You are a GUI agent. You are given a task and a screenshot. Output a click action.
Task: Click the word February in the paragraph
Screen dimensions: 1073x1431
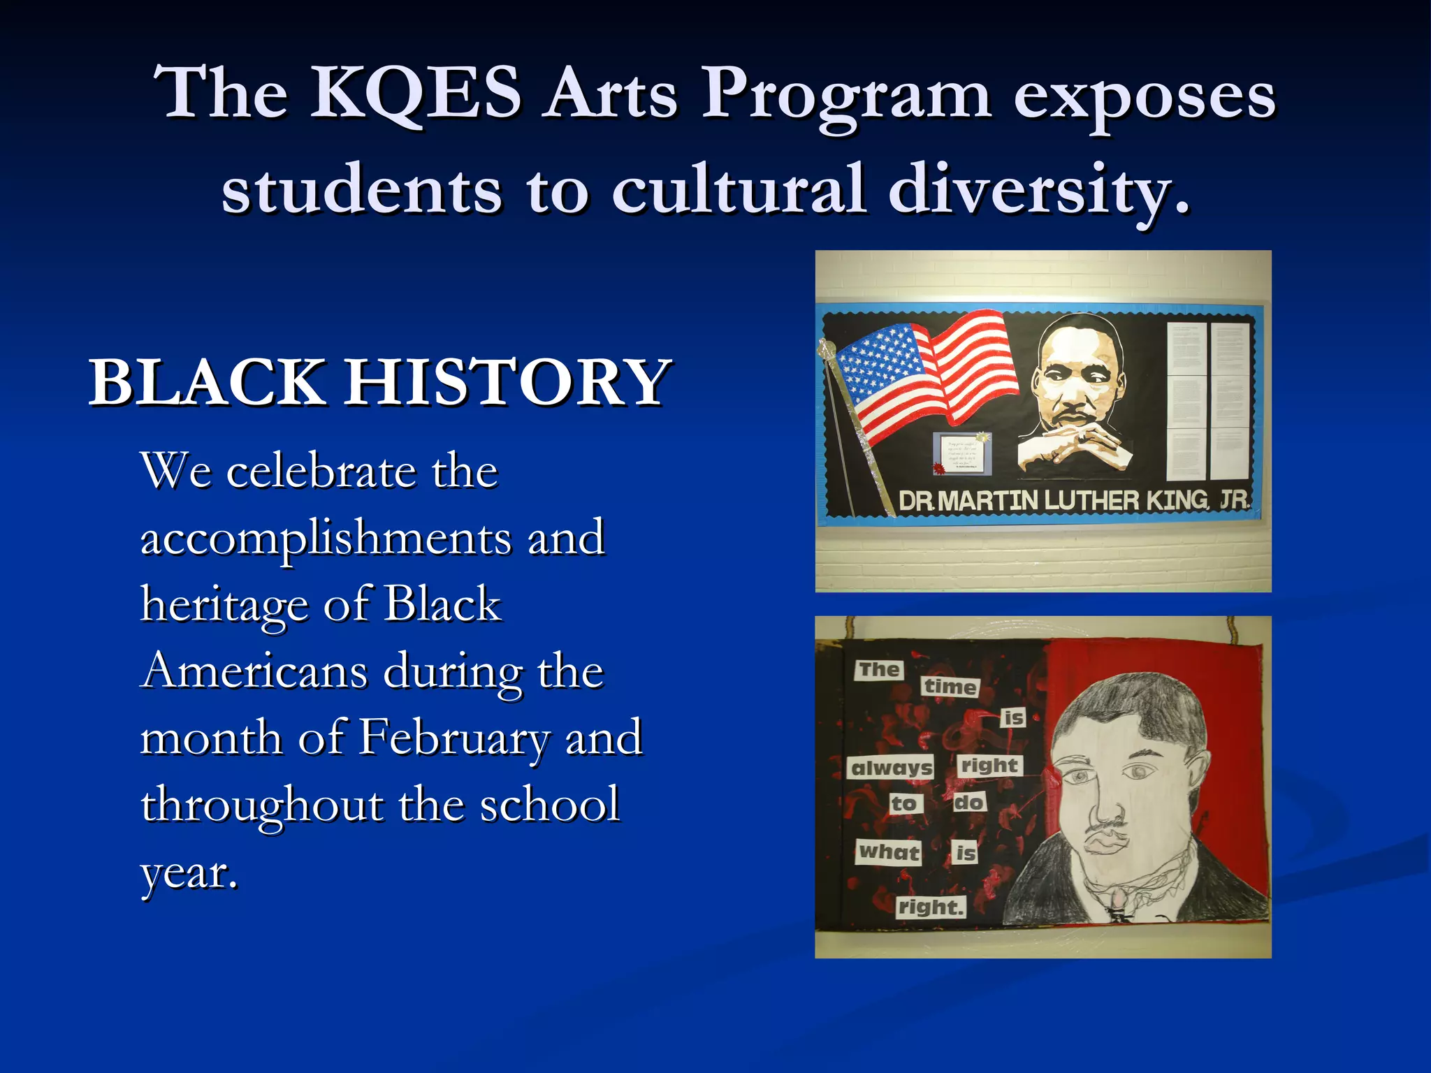point(453,738)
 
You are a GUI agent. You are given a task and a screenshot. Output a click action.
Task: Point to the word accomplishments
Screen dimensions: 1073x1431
point(326,539)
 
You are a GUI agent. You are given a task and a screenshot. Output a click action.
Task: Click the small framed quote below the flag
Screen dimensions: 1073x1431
point(962,452)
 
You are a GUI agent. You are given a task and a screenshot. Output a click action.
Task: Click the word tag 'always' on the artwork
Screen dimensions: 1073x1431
point(892,768)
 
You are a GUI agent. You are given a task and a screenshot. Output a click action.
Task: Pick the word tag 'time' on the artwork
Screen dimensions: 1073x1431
point(950,687)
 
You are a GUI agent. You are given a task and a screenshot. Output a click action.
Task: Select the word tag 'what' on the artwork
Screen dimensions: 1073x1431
point(889,852)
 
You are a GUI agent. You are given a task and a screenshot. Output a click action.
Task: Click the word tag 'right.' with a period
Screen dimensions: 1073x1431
point(931,907)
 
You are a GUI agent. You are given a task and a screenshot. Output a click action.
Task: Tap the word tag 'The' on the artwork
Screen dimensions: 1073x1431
point(879,669)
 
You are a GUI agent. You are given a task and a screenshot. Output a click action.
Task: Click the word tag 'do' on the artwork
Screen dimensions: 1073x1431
point(969,802)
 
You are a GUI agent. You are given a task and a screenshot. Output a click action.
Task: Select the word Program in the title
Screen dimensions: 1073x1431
point(845,94)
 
